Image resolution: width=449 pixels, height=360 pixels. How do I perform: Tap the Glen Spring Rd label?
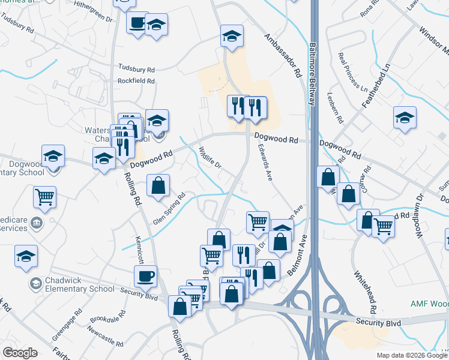tap(169, 203)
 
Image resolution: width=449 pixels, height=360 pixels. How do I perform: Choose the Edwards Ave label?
tap(265, 160)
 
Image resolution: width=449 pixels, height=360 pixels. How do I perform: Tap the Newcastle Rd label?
tap(105, 337)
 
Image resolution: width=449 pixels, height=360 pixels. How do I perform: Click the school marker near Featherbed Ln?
tap(405, 118)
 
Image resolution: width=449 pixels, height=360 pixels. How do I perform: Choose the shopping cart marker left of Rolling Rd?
tap(45, 196)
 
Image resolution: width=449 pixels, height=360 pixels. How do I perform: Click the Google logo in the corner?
tap(20, 353)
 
